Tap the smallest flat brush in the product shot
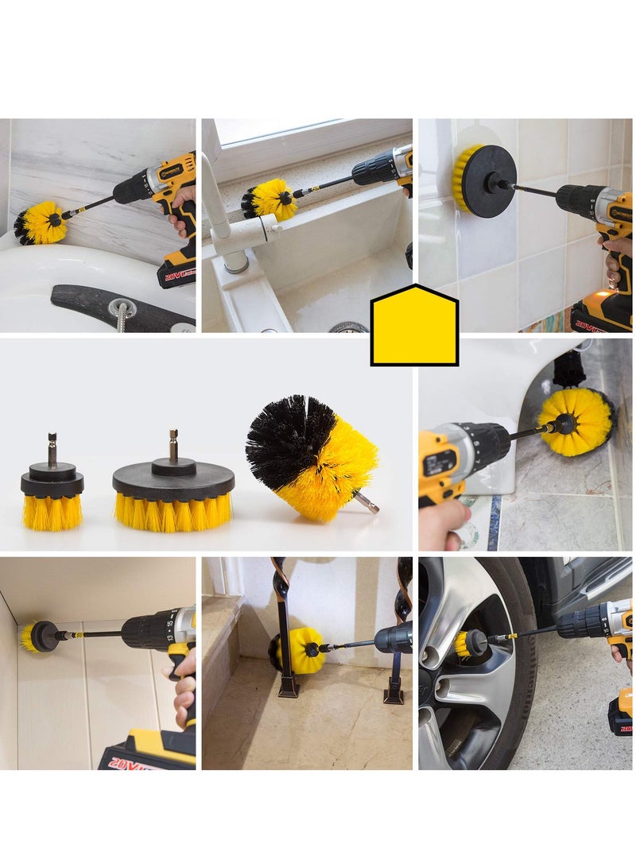52,493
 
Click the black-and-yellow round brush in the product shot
310,457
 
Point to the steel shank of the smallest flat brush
52,449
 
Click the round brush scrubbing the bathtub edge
41,223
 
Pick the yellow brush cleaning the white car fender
575,421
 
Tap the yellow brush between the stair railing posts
300,650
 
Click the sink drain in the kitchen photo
348,327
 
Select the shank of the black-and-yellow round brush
366,501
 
